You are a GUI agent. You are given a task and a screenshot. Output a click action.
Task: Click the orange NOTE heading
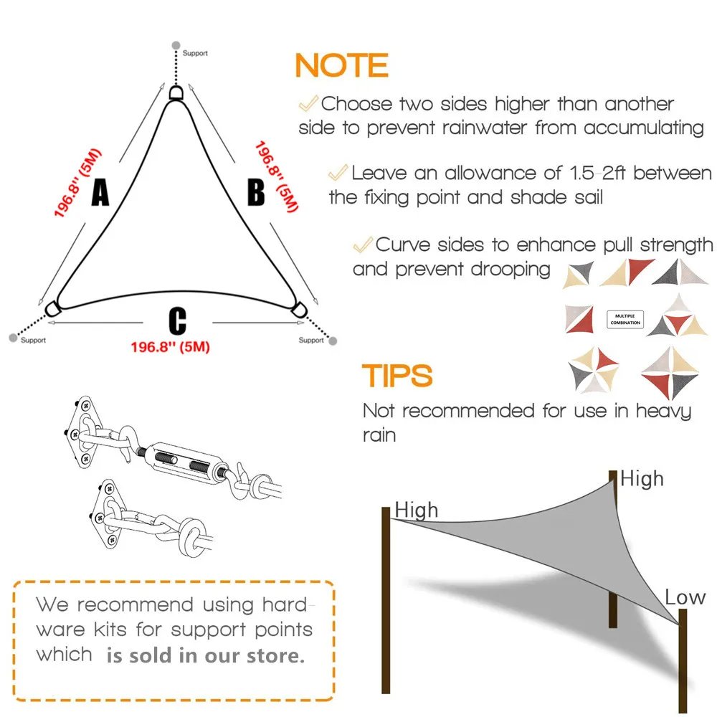coord(341,66)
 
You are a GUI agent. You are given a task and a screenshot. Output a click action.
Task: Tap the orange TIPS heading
coord(397,376)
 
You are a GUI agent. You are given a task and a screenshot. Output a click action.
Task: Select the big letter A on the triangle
coord(100,193)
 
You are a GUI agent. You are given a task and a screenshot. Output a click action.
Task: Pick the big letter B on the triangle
coord(256,193)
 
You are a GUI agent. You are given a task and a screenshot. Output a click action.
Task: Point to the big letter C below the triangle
coord(177,321)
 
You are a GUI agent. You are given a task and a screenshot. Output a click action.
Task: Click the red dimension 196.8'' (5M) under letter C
coord(170,347)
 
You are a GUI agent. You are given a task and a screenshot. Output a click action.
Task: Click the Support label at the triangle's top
coord(195,53)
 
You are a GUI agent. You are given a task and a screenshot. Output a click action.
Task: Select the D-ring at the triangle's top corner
coord(176,93)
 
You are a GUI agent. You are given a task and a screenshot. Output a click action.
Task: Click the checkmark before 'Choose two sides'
coord(308,103)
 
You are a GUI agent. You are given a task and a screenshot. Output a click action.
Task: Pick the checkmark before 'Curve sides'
coord(363,244)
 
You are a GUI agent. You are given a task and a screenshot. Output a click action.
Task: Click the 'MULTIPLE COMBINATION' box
coord(625,319)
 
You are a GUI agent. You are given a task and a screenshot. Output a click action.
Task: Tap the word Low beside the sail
coord(685,597)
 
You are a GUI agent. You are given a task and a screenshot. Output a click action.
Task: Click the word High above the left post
coord(416,510)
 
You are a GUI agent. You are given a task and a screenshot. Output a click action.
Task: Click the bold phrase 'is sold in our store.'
coord(206,655)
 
